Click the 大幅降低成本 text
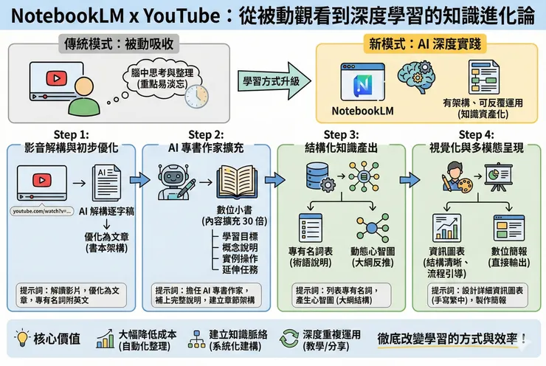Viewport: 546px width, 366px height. point(153,334)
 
